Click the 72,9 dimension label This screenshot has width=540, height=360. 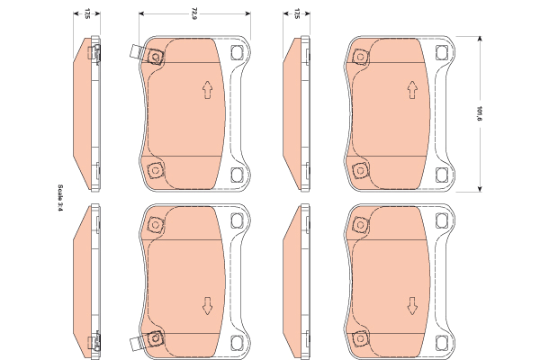[194, 14]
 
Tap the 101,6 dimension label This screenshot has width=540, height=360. [479, 113]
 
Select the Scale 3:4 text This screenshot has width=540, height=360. [60, 198]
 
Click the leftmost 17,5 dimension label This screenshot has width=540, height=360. [87, 13]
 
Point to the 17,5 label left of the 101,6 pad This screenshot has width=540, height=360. [297, 13]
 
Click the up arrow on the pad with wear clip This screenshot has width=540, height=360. [207, 90]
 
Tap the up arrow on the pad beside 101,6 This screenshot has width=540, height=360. [412, 90]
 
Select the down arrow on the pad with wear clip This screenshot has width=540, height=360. [207, 306]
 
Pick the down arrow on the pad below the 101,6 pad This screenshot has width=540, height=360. [412, 306]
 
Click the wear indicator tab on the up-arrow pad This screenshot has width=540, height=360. [136, 53]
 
